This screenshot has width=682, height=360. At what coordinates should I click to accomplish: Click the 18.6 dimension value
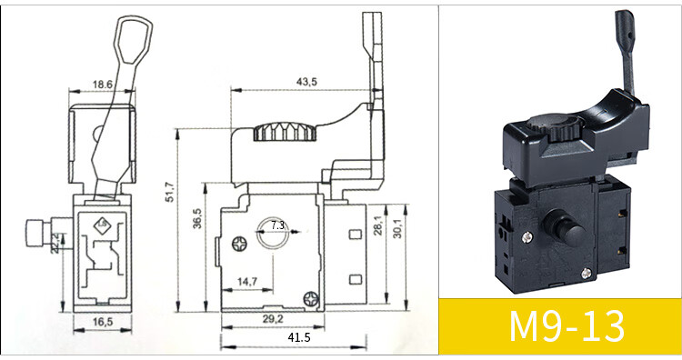(x=102, y=84)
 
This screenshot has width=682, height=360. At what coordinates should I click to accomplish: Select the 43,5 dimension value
(x=307, y=82)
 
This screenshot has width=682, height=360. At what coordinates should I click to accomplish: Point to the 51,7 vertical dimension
(x=170, y=192)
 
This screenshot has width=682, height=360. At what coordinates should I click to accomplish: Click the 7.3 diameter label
(x=277, y=225)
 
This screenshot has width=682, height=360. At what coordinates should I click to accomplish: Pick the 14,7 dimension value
(x=247, y=282)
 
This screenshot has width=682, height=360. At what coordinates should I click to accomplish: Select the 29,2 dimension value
(x=273, y=319)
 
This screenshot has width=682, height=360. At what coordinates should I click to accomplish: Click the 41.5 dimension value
(x=299, y=337)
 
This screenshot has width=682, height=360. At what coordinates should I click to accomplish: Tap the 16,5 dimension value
(x=103, y=322)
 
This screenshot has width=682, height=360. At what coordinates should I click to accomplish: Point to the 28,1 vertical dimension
(x=377, y=225)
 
